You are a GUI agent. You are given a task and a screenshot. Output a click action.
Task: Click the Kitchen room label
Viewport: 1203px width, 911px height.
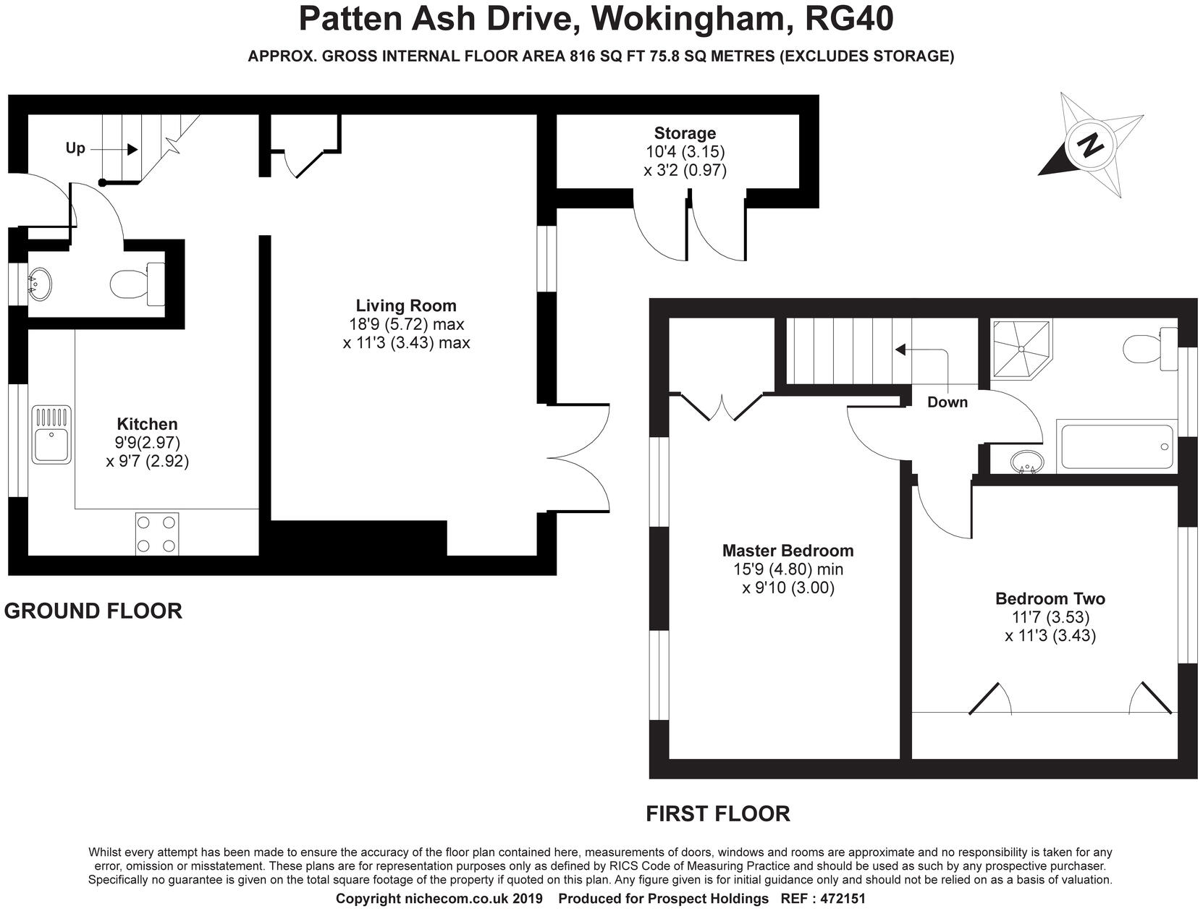click(x=147, y=424)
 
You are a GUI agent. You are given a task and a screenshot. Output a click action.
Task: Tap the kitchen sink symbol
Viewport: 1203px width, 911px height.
click(x=51, y=434)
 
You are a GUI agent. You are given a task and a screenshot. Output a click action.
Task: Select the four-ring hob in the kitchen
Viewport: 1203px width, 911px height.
click(x=157, y=534)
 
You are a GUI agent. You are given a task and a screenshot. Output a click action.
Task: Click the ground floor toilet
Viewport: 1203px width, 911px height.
click(x=138, y=284)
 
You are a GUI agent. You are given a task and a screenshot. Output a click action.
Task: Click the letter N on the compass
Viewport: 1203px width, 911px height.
click(x=1090, y=145)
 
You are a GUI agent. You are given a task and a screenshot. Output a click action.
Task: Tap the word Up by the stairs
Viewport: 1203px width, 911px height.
click(x=75, y=148)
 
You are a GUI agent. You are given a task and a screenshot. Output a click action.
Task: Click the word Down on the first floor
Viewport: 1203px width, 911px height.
click(x=947, y=402)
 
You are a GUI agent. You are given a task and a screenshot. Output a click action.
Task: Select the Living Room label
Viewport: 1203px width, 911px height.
click(x=406, y=305)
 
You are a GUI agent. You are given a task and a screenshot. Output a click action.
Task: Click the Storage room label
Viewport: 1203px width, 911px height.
click(x=685, y=133)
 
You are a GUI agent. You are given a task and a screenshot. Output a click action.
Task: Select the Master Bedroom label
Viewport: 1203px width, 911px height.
click(x=788, y=551)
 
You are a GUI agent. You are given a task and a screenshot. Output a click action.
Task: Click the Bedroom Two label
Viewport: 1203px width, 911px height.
click(x=1050, y=598)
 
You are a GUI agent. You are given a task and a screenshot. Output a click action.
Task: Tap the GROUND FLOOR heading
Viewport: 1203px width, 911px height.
click(x=93, y=611)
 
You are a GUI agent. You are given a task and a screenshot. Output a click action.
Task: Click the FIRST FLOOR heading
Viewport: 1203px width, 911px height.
click(x=718, y=814)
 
